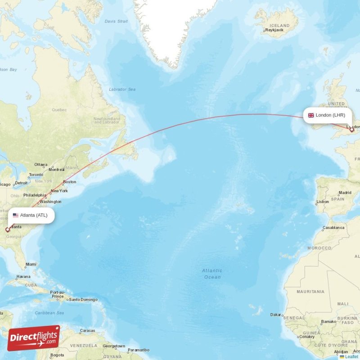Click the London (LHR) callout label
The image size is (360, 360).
point(327,115)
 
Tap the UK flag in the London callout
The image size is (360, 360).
point(311,115)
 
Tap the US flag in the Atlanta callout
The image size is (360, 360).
point(16,215)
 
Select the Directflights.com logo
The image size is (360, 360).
point(34,337)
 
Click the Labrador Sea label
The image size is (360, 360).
point(122,90)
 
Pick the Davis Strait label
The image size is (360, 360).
point(117,21)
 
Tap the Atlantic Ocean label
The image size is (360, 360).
point(211,274)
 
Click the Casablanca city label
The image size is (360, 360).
point(333,228)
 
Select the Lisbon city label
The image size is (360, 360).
point(323,202)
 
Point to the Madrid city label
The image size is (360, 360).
point(345,193)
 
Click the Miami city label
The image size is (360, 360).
point(31,265)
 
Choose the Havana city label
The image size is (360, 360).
point(23,277)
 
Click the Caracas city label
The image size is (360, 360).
point(87,331)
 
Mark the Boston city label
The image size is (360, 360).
point(70,182)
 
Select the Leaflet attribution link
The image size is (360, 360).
point(351,357)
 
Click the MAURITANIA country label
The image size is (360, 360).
point(310,292)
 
